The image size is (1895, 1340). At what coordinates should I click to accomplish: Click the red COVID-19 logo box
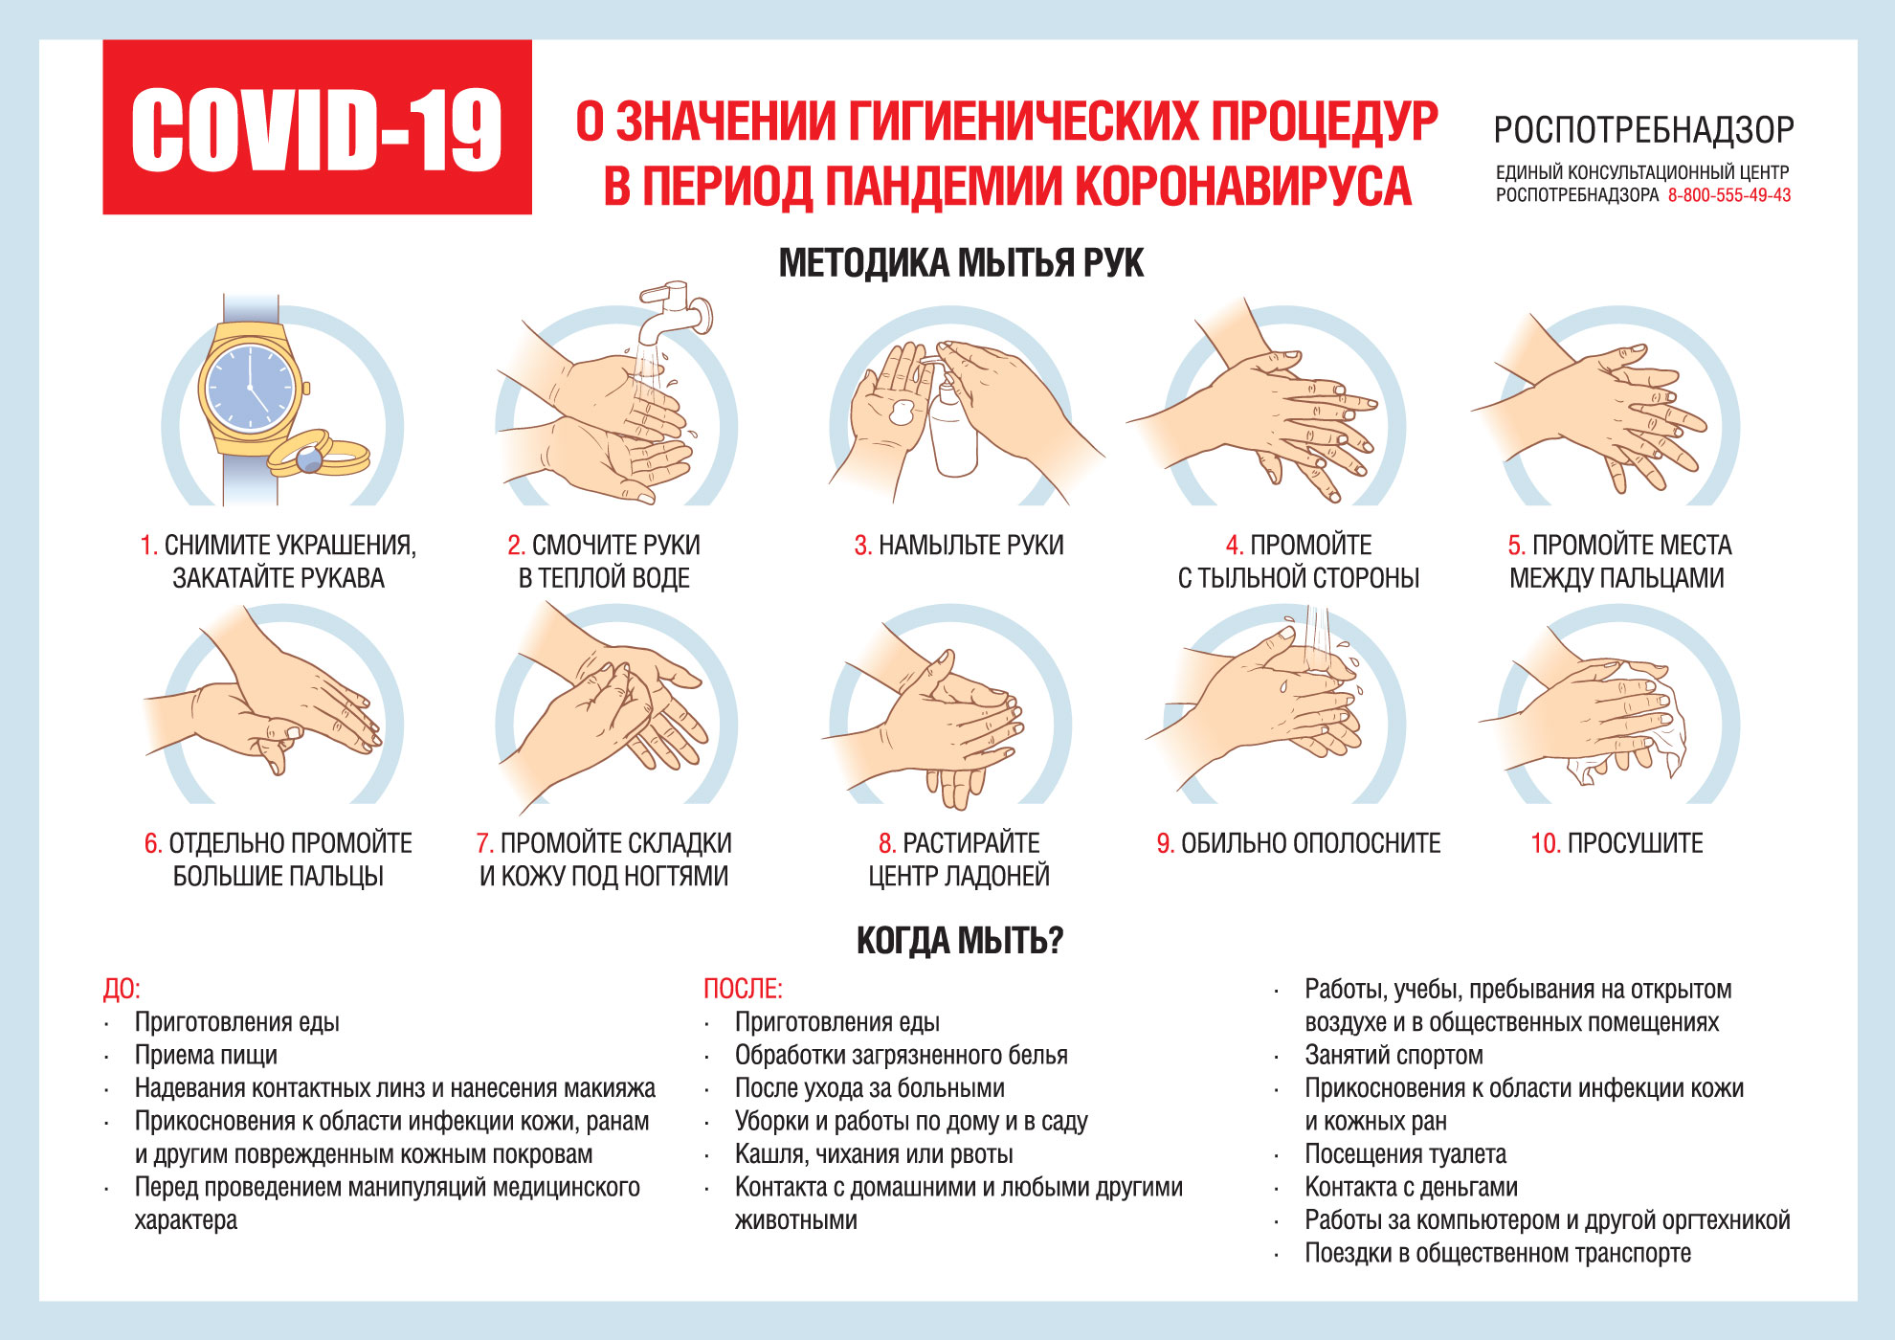(x=317, y=127)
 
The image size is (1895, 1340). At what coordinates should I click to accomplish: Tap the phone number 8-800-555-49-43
(x=1728, y=195)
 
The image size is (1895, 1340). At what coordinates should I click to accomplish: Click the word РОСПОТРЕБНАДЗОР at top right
(x=1643, y=130)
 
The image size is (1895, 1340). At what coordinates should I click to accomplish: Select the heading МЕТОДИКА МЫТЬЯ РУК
(x=961, y=263)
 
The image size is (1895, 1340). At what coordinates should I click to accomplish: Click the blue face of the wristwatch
(x=251, y=388)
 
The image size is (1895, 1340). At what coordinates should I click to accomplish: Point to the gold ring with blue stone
(x=311, y=459)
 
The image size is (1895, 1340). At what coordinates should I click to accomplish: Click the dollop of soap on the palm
(x=902, y=413)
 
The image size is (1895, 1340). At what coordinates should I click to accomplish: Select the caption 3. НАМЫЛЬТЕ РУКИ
(x=959, y=546)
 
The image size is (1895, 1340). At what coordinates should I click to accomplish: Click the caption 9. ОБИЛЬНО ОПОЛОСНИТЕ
(x=1299, y=843)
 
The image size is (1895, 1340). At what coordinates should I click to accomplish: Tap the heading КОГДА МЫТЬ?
(x=960, y=941)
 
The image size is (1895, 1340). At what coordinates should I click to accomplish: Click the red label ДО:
(x=122, y=989)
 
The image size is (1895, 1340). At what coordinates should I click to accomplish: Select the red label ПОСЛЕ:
(x=743, y=989)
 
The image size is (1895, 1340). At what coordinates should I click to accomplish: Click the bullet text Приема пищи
(x=206, y=1055)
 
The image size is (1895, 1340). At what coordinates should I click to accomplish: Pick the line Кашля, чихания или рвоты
(x=873, y=1154)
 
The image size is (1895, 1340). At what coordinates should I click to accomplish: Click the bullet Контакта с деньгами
(x=1411, y=1187)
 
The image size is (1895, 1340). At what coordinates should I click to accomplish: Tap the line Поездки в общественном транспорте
(x=1497, y=1253)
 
